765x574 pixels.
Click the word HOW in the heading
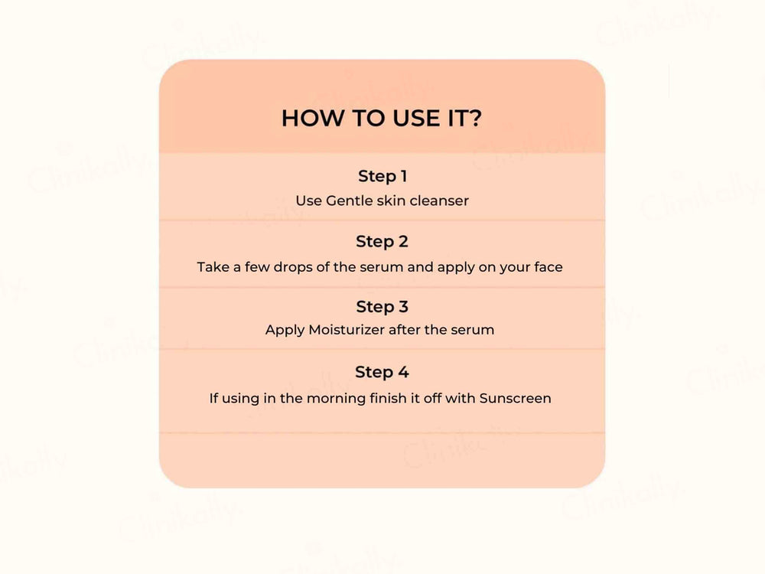click(312, 118)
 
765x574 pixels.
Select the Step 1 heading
click(382, 176)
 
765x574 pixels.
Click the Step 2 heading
click(382, 242)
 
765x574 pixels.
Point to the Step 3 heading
click(382, 307)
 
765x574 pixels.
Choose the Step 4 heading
click(382, 372)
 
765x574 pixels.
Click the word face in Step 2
click(548, 267)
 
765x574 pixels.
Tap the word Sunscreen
click(515, 398)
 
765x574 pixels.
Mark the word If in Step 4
click(213, 398)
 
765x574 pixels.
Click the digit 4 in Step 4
click(403, 373)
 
